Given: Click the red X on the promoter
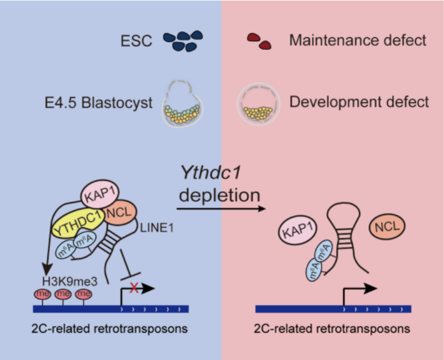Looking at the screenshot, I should (x=133, y=288).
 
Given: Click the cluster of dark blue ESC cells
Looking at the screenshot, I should (x=182, y=41).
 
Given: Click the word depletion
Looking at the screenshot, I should (x=219, y=196).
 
